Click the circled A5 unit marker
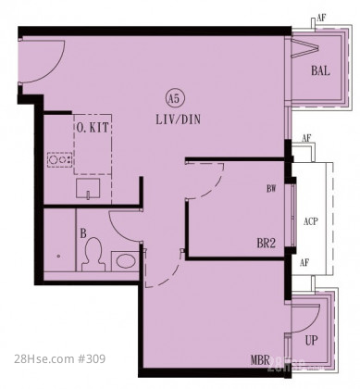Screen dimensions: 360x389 point(174,99)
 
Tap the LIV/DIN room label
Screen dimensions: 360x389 point(178,119)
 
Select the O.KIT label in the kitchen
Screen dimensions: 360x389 point(93,127)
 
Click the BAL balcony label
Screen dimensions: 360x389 point(320,70)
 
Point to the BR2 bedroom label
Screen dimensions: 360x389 point(266,244)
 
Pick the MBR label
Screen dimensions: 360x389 point(260,360)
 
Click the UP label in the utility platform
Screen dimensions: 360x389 point(311,341)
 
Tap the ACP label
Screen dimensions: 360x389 point(310,221)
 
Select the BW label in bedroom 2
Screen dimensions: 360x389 point(271,189)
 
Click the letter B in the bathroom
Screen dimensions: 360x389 point(83,233)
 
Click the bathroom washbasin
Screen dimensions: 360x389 point(125,261)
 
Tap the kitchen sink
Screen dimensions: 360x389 point(88,188)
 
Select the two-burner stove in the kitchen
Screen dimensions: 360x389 point(60,160)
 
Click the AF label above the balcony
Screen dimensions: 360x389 point(321,18)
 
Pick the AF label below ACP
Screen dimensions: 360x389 point(304,263)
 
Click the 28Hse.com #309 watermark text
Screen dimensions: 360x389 point(60,359)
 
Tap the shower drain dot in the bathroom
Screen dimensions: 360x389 point(58,256)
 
